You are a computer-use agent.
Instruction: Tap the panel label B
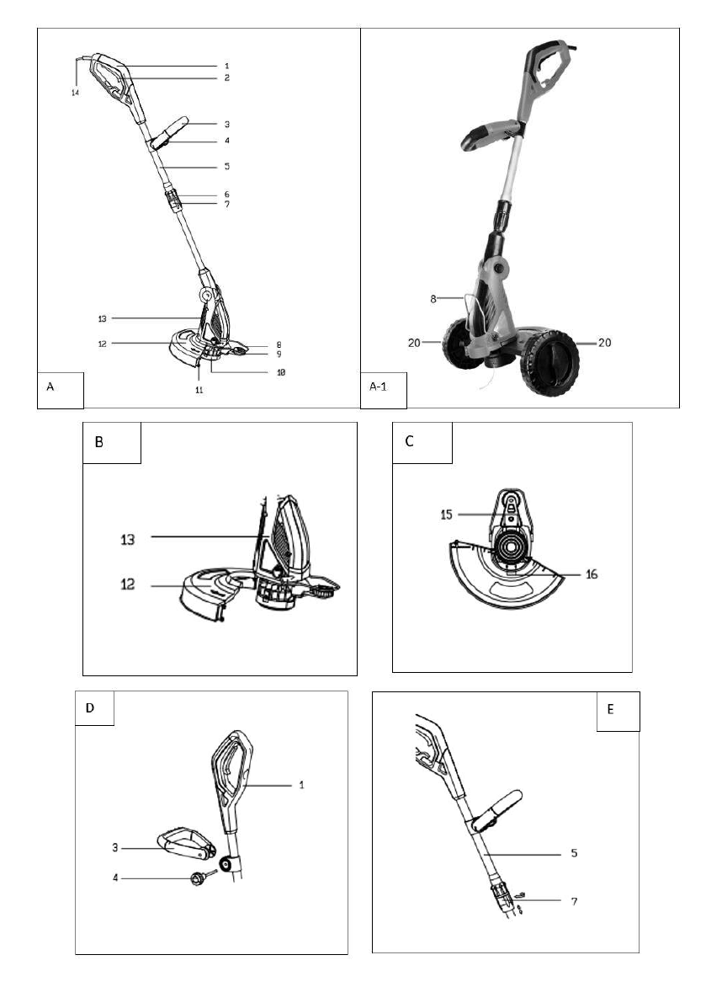coord(99,441)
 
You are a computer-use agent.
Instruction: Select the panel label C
coord(410,441)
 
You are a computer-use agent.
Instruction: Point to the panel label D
coord(90,708)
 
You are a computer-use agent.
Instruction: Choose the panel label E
coord(610,709)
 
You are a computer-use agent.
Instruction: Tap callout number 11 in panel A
coord(199,390)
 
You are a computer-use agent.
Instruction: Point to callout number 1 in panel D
coord(300,785)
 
